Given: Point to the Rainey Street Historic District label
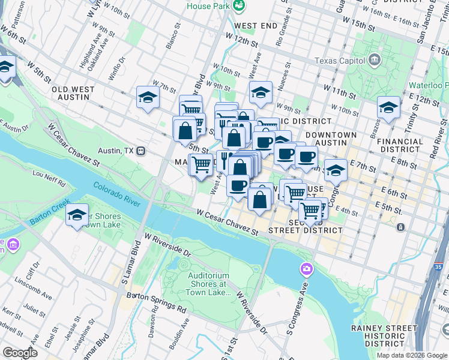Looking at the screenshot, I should [384, 335].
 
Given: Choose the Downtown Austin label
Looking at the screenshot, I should [330, 139].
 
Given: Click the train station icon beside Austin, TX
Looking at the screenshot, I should [140, 151].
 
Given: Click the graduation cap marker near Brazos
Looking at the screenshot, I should [388, 107].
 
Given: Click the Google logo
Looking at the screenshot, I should [20, 353].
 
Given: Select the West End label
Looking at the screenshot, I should [256, 26].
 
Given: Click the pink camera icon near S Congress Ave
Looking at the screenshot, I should [307, 268].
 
